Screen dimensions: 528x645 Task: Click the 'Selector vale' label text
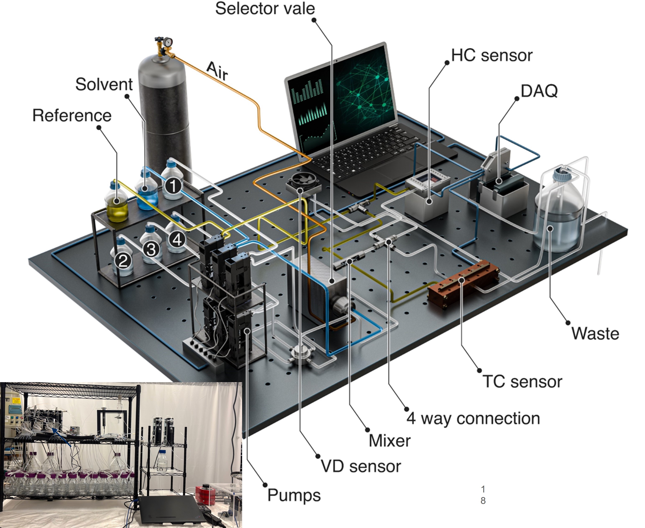[x=265, y=9]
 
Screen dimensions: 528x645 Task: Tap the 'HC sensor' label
[x=492, y=56]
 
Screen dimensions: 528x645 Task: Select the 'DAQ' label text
[x=539, y=91]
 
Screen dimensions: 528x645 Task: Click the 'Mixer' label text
[x=390, y=440]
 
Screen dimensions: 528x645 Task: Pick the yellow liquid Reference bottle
[x=116, y=204]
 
